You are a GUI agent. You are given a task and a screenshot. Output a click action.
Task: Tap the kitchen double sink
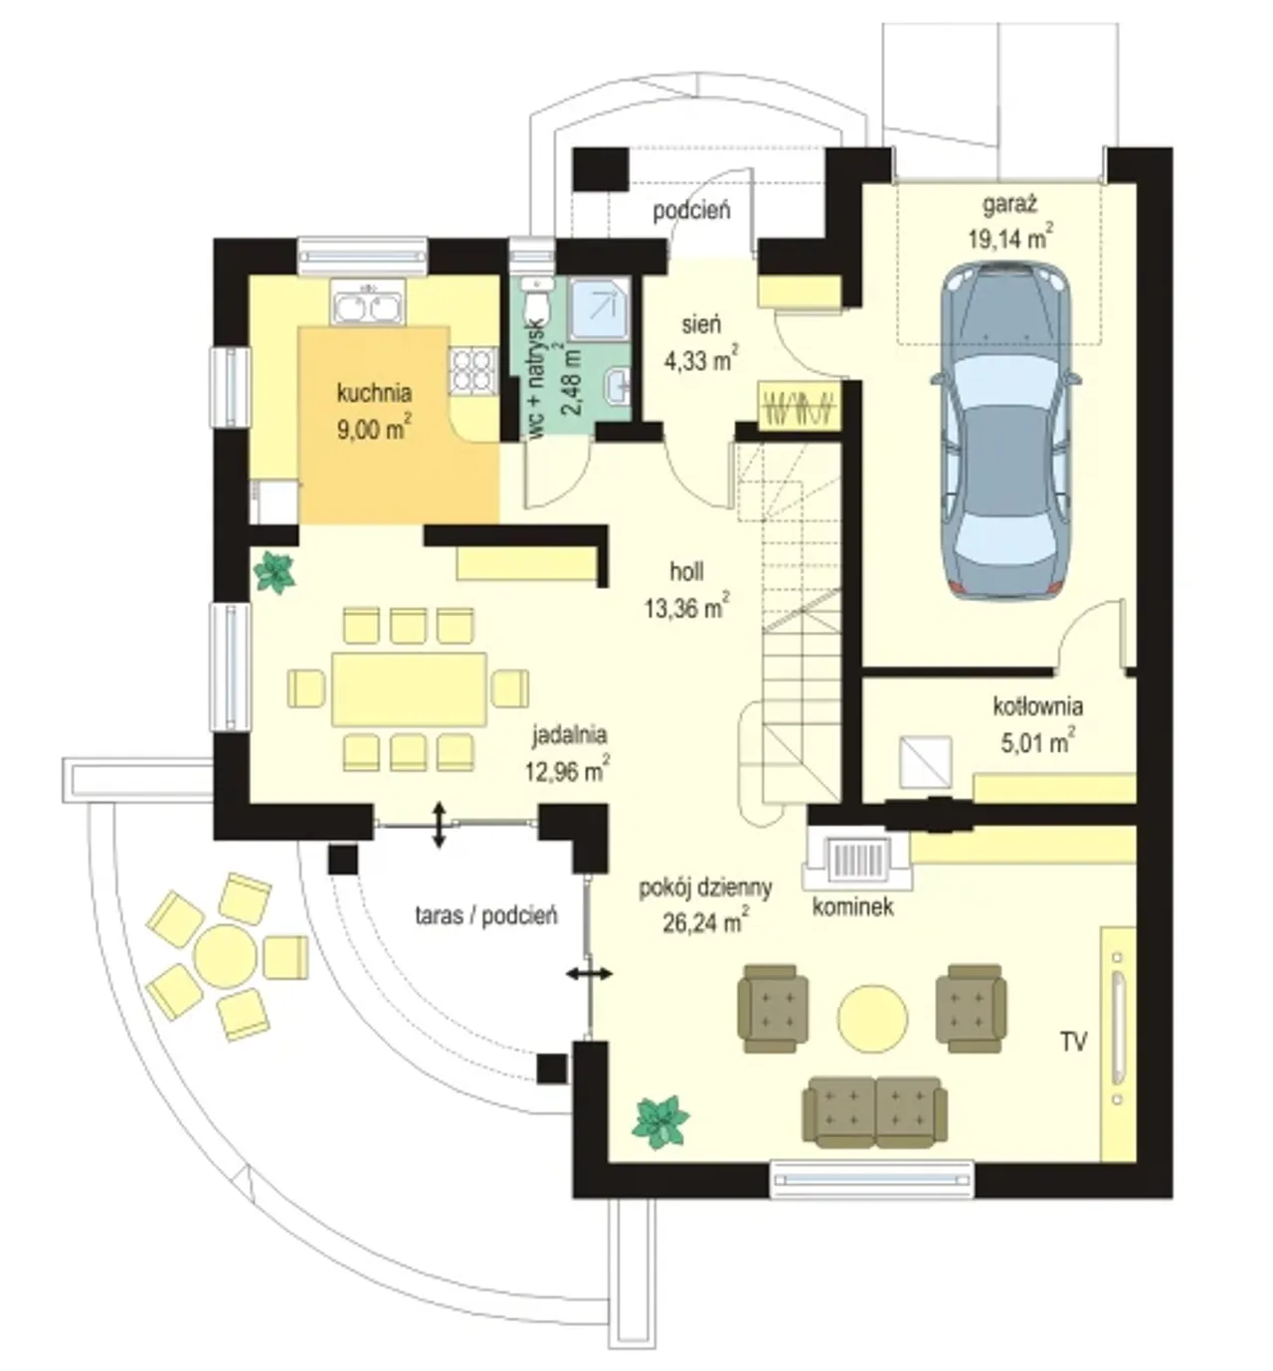(367, 303)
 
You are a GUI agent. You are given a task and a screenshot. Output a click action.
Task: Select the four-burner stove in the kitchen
(473, 371)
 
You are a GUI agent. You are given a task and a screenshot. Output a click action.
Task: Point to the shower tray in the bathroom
(600, 309)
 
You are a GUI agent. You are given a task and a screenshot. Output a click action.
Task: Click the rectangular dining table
(410, 688)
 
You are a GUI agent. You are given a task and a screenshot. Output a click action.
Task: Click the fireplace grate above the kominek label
(859, 864)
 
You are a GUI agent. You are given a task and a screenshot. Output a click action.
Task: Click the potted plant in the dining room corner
(274, 572)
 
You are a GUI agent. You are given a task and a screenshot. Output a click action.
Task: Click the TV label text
(1073, 1042)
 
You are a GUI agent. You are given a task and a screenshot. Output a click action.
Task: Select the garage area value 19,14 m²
(1010, 238)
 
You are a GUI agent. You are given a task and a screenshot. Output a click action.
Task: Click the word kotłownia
(1037, 706)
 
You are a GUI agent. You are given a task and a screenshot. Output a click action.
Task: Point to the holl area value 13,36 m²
(687, 607)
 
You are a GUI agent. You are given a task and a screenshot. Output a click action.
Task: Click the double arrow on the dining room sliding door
(439, 824)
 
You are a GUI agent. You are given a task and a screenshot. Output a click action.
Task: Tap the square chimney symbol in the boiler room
(925, 761)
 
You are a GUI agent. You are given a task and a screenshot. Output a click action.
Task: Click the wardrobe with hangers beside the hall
(800, 407)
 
